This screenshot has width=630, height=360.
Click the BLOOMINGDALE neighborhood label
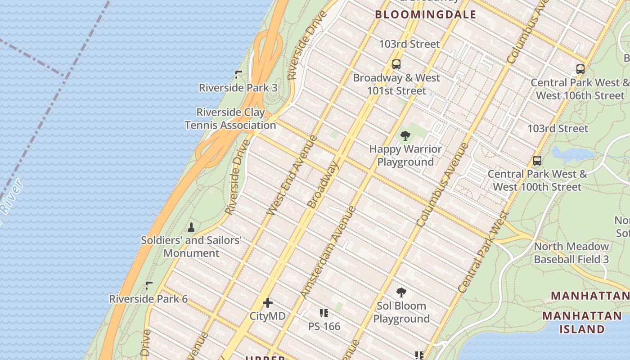point(425,14)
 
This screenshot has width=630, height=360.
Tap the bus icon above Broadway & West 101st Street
point(396,64)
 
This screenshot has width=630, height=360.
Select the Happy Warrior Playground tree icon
point(405,135)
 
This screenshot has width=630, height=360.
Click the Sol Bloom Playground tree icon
point(401,292)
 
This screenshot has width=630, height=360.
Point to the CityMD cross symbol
point(268,303)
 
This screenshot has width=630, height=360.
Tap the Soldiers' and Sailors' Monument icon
point(191,227)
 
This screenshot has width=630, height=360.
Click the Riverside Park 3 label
point(238,88)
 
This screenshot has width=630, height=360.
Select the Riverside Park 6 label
point(148,299)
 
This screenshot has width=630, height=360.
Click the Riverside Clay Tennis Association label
point(230,119)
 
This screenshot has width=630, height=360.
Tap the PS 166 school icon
point(324,313)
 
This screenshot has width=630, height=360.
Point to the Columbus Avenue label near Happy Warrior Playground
point(442,184)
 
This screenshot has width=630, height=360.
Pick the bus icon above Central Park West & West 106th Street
point(580,69)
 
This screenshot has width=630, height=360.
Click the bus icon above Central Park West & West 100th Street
point(537,161)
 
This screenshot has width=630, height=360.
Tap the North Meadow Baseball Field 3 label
point(571,253)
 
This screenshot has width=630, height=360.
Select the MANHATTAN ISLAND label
point(582,322)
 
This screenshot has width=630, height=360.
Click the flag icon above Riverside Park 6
point(149,285)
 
